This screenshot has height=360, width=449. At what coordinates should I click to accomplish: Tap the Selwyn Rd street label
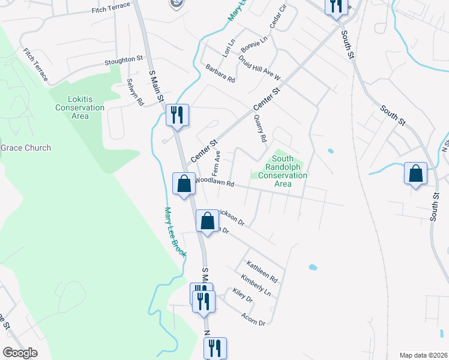pyautogui.click(x=135, y=92)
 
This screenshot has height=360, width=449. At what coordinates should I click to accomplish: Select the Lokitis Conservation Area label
pyautogui.click(x=80, y=107)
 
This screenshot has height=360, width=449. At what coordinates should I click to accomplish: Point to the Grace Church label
pyautogui.click(x=25, y=148)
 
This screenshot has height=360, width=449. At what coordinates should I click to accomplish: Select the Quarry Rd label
pyautogui.click(x=260, y=128)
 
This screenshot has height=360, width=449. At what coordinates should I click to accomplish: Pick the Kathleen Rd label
pyautogui.click(x=262, y=272)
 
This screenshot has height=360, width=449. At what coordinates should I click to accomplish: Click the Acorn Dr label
pyautogui.click(x=252, y=319)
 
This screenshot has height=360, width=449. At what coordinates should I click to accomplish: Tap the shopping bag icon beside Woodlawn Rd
pyautogui.click(x=184, y=184)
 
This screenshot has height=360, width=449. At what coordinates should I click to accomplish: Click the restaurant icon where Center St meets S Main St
pyautogui.click(x=177, y=115)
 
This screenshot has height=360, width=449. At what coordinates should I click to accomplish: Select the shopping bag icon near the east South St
pyautogui.click(x=415, y=173)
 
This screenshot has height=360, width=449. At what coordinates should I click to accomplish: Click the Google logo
pyautogui.click(x=20, y=353)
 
